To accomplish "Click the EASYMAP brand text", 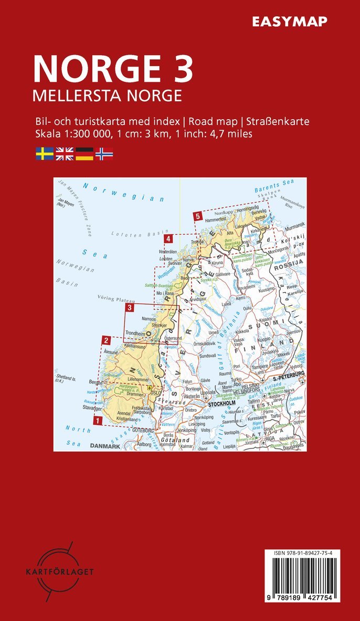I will (289, 21).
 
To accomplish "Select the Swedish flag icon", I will (44, 154).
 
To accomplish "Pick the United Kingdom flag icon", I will (65, 154).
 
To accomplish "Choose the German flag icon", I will (84, 154).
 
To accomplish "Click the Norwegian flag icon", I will (104, 154).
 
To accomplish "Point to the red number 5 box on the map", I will (197, 216).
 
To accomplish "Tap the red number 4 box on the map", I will (168, 239).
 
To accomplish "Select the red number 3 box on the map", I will (130, 308).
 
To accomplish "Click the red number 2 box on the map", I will (106, 339).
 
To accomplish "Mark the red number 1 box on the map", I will (97, 420).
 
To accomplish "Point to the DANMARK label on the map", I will (105, 446).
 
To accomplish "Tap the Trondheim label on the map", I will (135, 333).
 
